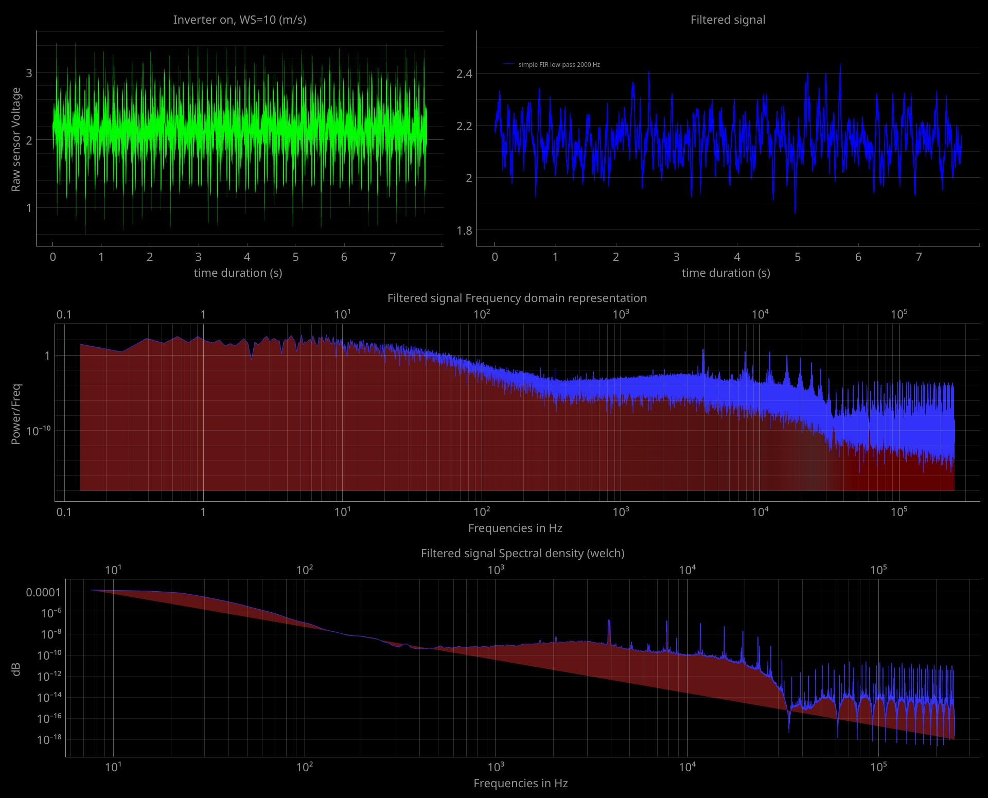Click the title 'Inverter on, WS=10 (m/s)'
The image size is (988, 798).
tap(239, 20)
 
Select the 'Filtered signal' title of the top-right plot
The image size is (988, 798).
tap(728, 20)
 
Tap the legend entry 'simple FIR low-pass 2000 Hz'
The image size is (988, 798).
tap(559, 65)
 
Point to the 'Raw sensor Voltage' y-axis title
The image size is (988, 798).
tap(16, 139)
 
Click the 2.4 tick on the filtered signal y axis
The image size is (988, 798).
tap(464, 74)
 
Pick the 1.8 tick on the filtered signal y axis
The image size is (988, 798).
tap(464, 230)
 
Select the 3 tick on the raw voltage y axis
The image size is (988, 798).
tap(29, 73)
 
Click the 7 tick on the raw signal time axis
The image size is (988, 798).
tap(393, 257)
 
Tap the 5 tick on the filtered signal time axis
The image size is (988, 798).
tap(798, 257)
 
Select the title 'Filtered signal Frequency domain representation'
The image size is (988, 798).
tap(517, 298)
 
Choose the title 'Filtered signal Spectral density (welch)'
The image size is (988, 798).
tap(522, 553)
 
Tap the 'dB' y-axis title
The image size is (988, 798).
tap(16, 669)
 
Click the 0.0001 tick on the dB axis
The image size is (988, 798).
tap(43, 592)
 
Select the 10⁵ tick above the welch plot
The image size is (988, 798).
tap(878, 570)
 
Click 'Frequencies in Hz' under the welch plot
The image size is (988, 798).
tap(520, 783)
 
